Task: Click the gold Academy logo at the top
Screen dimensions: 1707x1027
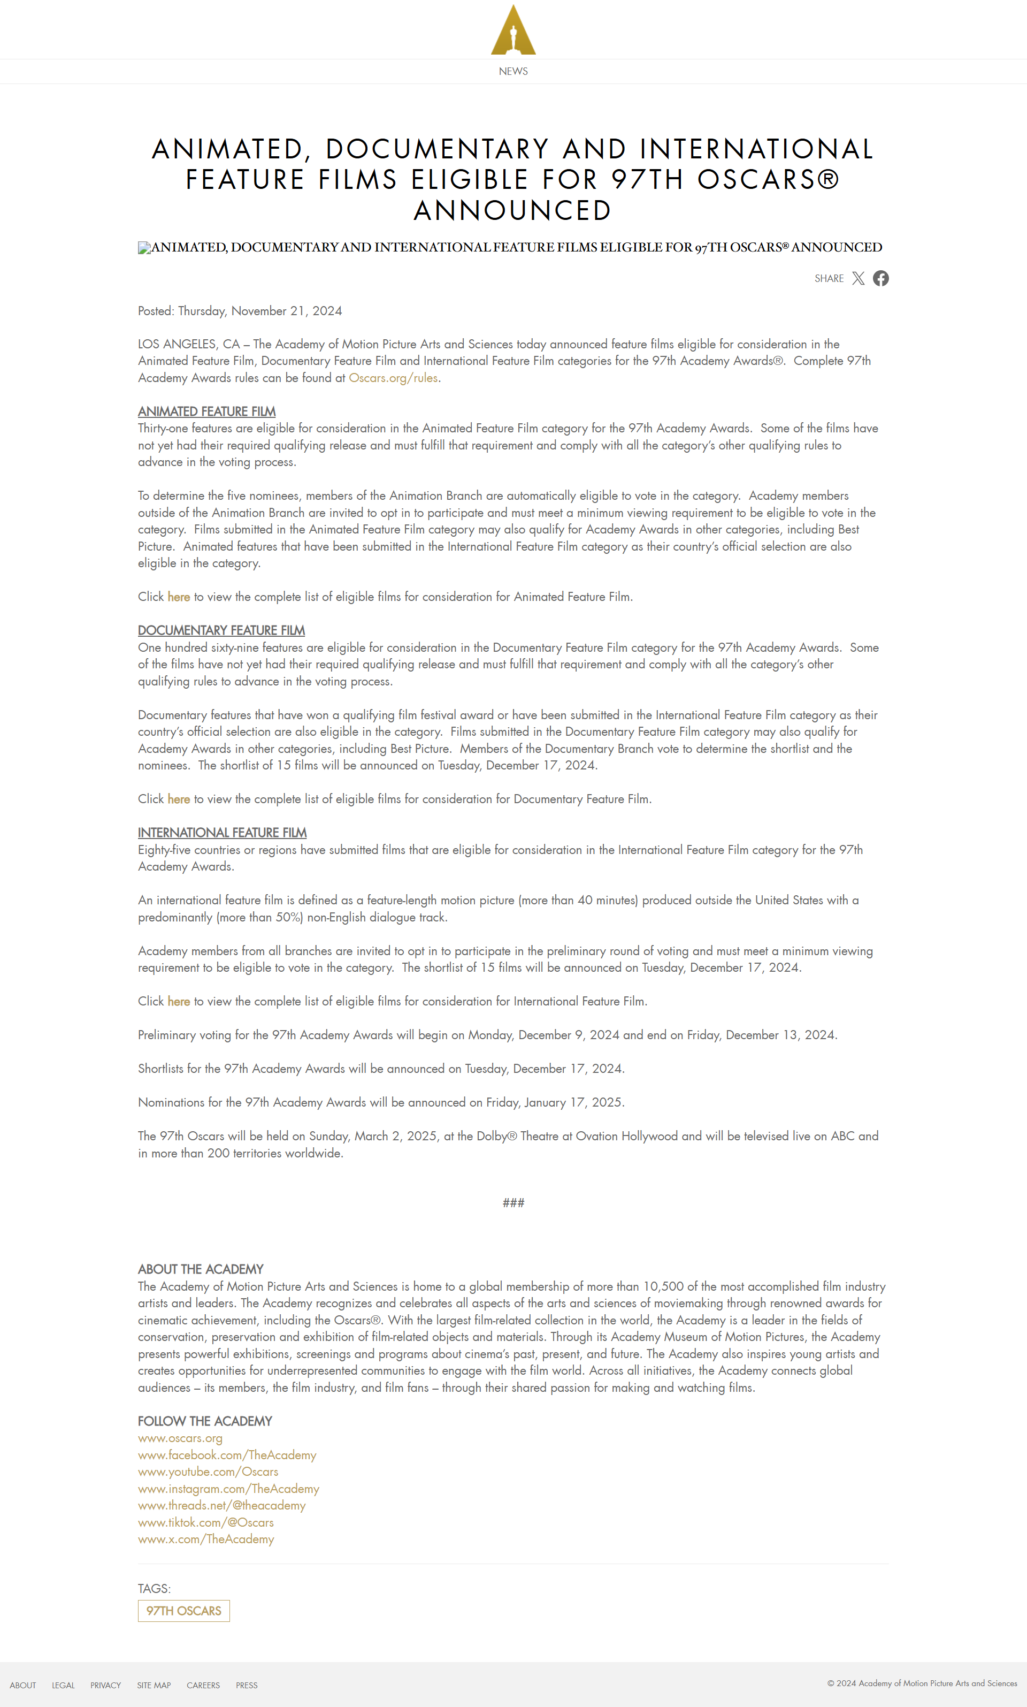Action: pos(513,31)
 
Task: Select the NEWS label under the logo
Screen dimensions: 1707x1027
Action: pos(513,71)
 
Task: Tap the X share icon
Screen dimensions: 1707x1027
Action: pos(858,278)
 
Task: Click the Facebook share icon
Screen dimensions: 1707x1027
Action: pos(880,278)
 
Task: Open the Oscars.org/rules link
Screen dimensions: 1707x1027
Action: pos(393,378)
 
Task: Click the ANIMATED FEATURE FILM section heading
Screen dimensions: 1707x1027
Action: pos(206,411)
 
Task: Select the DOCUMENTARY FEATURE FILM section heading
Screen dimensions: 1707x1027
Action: pos(221,630)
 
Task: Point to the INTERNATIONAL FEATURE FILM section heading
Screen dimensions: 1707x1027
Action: pos(221,833)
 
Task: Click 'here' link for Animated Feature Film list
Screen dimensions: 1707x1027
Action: pos(179,597)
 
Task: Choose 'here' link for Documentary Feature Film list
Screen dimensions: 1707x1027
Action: pos(179,799)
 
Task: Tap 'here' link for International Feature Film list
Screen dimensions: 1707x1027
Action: pos(179,1001)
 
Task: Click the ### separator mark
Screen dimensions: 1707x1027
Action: pos(513,1203)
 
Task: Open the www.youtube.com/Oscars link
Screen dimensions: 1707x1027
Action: pos(208,1472)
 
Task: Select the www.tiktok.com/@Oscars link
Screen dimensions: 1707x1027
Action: pos(205,1522)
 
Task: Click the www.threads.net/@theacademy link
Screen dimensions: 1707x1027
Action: pos(221,1506)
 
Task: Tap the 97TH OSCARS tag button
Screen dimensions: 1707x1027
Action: pos(183,1611)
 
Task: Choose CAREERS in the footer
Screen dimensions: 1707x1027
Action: pos(203,1686)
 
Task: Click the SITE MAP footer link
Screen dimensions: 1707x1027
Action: pos(154,1686)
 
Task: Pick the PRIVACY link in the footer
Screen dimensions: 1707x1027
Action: pos(105,1686)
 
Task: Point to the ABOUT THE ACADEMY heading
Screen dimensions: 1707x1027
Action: pos(201,1269)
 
